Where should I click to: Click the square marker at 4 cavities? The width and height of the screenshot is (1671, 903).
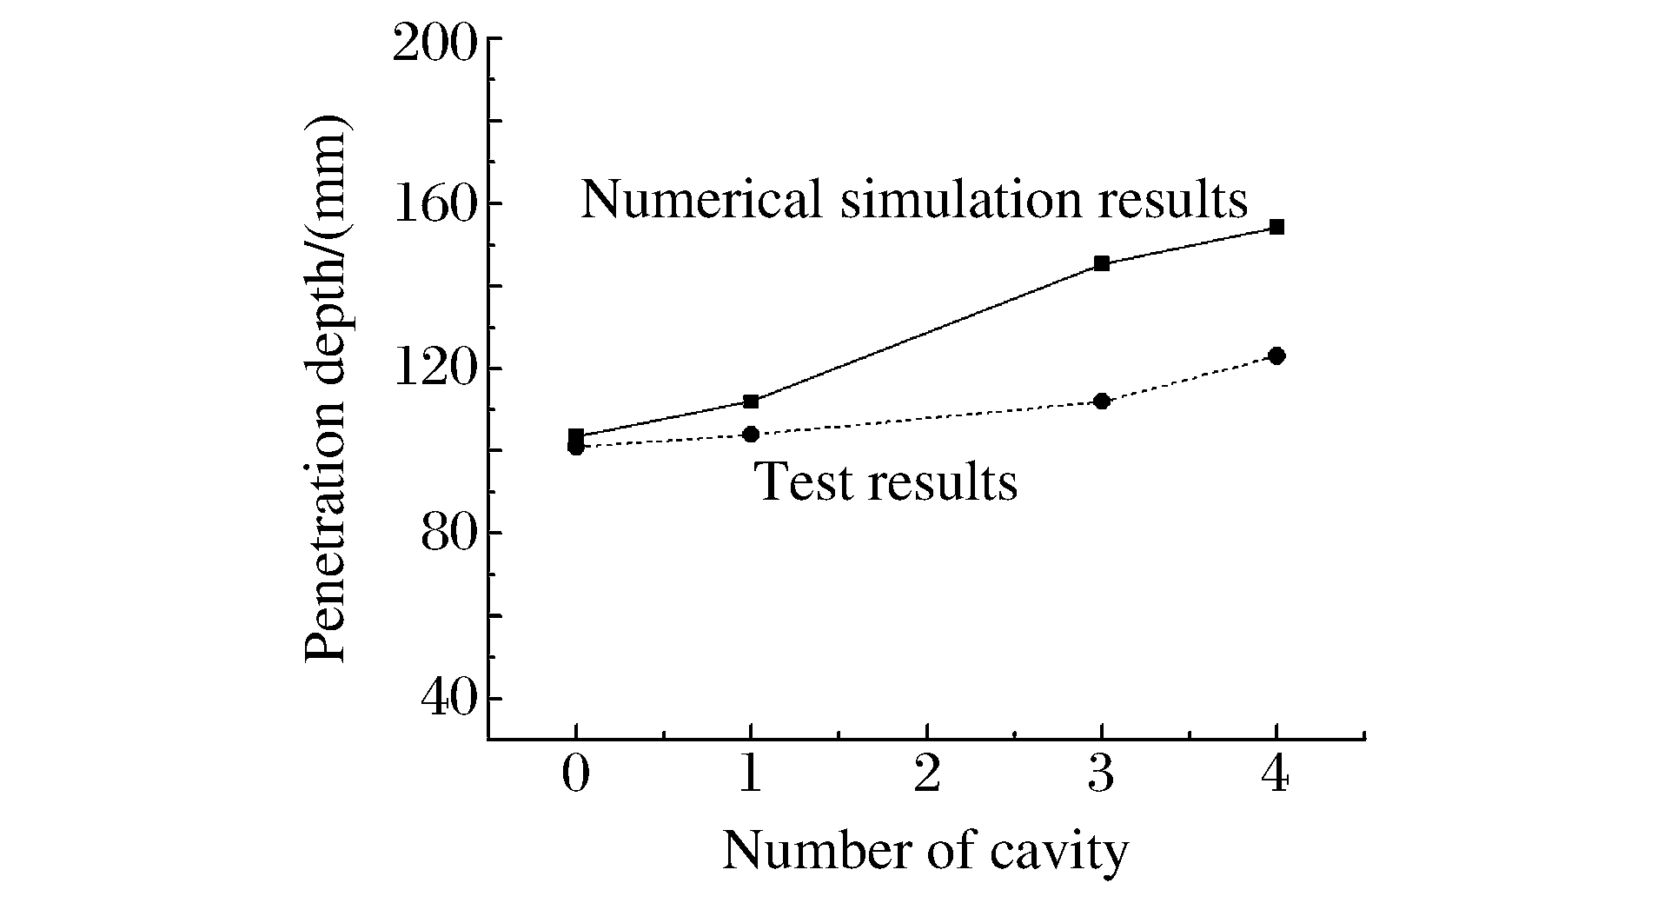pyautogui.click(x=1276, y=228)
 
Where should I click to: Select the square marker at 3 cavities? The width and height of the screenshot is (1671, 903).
pyautogui.click(x=1101, y=263)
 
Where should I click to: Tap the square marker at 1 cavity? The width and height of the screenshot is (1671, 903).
pyautogui.click(x=751, y=402)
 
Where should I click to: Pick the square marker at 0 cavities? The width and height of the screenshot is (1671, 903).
pyautogui.click(x=575, y=435)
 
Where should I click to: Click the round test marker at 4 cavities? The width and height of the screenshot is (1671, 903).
pyautogui.click(x=1276, y=355)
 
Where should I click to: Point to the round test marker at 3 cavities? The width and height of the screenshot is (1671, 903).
pyautogui.click(x=1101, y=402)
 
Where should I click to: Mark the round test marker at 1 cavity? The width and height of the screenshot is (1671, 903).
pyautogui.click(x=751, y=434)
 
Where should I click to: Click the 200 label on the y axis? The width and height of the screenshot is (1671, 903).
pyautogui.click(x=434, y=43)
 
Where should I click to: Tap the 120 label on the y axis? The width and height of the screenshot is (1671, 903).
pyautogui.click(x=434, y=371)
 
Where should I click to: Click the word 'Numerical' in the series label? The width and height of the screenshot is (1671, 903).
pyautogui.click(x=700, y=199)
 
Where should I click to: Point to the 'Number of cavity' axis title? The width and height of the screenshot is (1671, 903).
pyautogui.click(x=925, y=853)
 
